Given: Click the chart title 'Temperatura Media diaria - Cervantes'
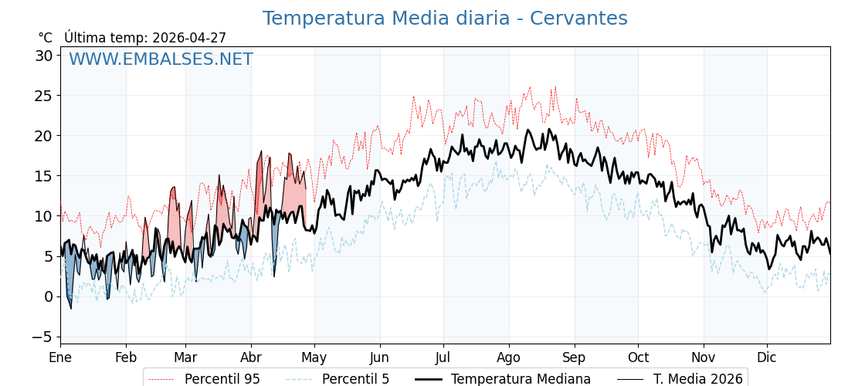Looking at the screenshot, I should (x=445, y=19).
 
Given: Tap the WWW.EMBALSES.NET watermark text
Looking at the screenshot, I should (x=161, y=59).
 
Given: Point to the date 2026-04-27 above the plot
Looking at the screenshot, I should (x=189, y=38).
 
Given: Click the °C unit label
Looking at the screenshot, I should (x=46, y=38).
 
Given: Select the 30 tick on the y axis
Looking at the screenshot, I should (x=43, y=56).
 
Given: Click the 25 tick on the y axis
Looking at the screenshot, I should (x=43, y=96).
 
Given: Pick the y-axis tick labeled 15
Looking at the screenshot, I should (x=43, y=176).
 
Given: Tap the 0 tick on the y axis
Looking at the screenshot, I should (x=48, y=296).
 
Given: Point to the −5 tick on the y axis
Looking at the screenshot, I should (x=42, y=337).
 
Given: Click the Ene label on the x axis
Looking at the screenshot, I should (x=60, y=358).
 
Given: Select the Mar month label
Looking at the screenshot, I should (x=185, y=358).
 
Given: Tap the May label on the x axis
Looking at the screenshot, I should (x=314, y=358).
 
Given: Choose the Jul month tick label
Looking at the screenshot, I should (x=443, y=358).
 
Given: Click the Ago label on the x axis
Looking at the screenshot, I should (x=509, y=358).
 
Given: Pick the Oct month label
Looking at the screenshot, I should (x=638, y=358).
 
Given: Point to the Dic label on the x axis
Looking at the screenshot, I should (x=767, y=358).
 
